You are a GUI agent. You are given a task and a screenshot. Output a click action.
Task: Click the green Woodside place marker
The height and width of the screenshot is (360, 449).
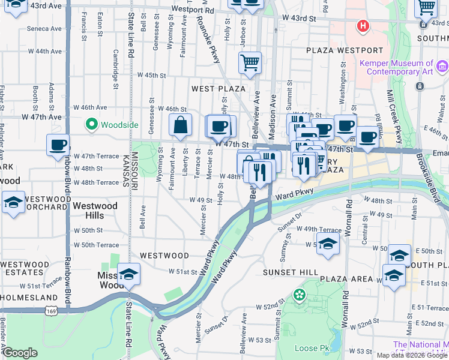[92, 125]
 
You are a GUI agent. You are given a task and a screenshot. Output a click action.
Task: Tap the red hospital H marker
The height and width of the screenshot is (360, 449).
[363, 26]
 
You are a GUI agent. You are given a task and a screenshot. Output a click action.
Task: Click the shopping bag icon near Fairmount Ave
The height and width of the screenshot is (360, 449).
[180, 127]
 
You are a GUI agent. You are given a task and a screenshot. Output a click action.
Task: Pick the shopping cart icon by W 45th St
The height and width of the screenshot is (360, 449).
[250, 62]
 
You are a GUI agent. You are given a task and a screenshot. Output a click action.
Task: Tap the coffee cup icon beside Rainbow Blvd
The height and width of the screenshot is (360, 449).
[58, 146]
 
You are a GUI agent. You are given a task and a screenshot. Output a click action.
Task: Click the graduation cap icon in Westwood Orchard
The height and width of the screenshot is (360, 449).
[13, 203]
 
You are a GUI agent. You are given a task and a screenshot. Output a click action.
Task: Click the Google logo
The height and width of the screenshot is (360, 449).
[20, 353]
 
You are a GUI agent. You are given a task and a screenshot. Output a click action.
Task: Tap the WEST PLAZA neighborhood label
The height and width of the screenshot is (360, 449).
[218, 89]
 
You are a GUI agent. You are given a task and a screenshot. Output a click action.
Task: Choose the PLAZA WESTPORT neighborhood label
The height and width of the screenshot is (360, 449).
[344, 50]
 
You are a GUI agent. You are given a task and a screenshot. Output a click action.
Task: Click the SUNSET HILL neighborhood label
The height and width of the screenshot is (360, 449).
[291, 272]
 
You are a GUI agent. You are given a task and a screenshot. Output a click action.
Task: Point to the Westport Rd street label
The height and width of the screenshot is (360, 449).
[192, 10]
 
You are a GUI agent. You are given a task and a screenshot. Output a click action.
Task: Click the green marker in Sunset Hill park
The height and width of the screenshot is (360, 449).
[299, 295]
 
